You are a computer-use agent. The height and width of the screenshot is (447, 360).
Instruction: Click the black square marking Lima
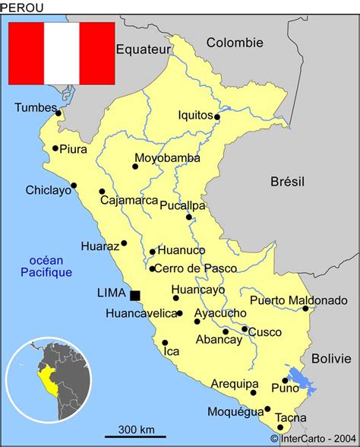coord(135,295)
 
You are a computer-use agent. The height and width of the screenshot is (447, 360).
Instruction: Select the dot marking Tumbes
coord(58,114)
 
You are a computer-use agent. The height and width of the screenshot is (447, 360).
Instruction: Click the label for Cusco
coord(265,332)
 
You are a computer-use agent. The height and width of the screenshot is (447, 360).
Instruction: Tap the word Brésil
coord(287,181)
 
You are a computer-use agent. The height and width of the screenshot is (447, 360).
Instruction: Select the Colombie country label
coord(235,43)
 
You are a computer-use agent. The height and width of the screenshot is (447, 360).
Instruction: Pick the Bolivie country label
coord(332,357)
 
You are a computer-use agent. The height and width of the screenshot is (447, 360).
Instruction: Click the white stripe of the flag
coord(62,53)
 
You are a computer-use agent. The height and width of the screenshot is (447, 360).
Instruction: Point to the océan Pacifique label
coord(46,266)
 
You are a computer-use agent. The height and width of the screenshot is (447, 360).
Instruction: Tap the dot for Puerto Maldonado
coord(305,309)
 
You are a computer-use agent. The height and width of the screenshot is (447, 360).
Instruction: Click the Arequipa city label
coord(235,384)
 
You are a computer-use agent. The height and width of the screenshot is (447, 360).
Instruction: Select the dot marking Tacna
coord(280,429)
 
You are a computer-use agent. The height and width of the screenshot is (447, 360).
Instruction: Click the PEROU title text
coord(22,8)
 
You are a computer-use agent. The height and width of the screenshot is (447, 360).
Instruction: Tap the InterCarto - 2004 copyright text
coord(314,439)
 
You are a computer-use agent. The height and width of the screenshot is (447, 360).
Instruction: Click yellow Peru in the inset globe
coord(50,382)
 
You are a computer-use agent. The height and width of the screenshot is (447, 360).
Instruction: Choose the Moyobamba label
coord(167,158)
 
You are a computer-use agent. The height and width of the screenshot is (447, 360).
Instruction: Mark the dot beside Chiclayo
coord(74,185)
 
